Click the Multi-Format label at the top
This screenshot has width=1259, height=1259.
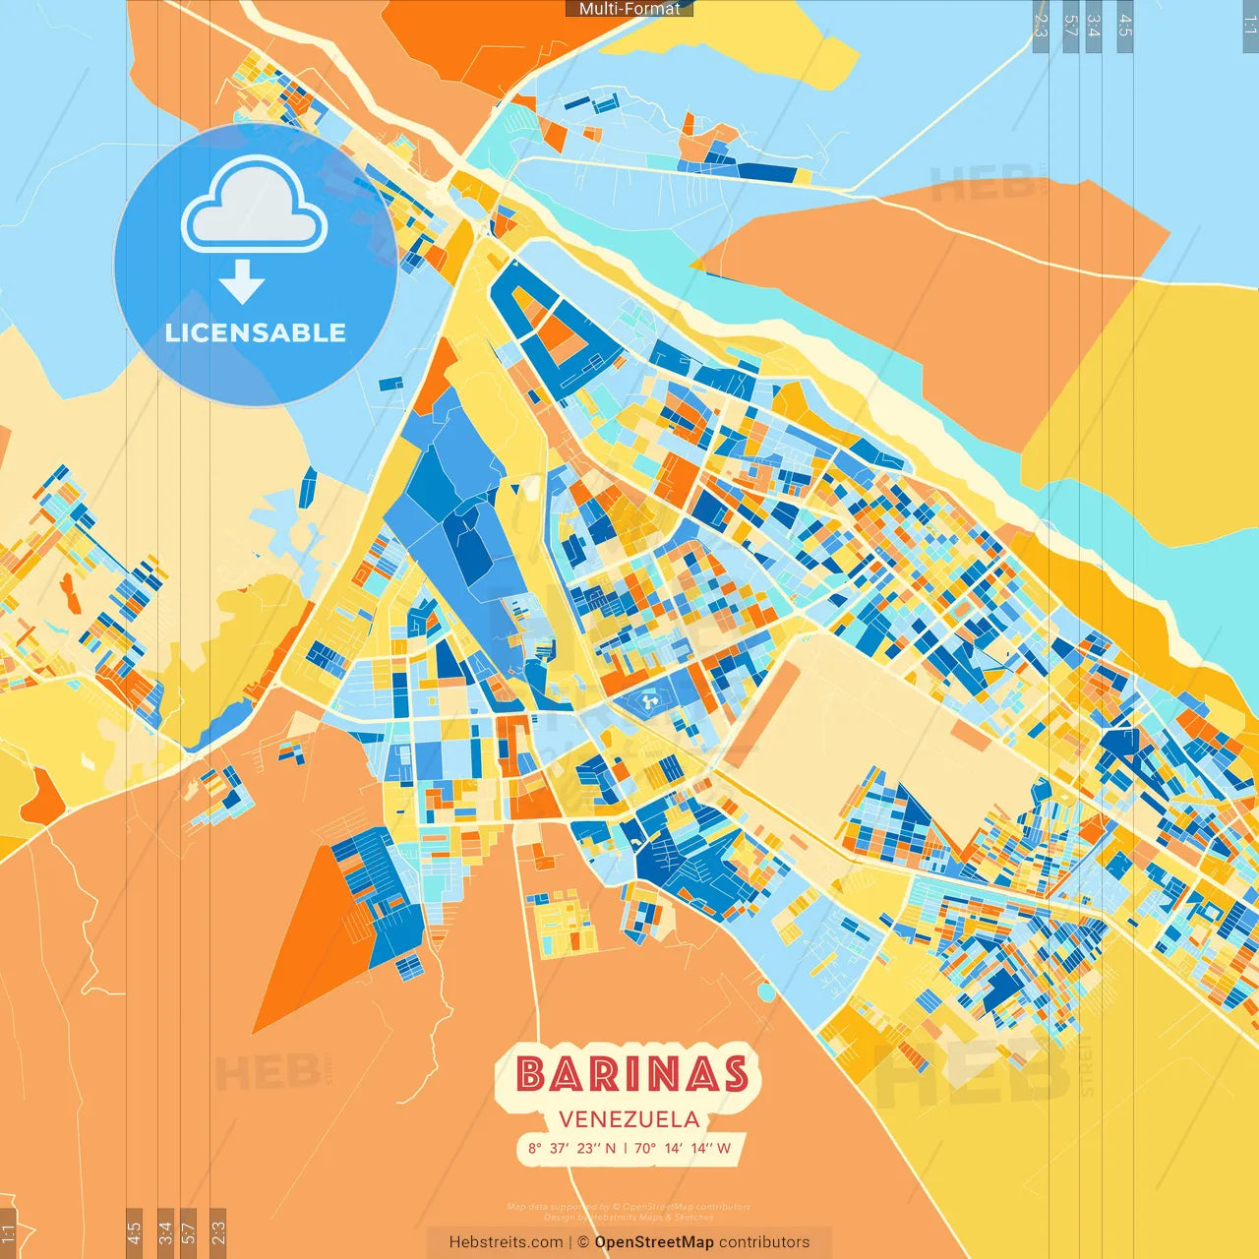coord(629,9)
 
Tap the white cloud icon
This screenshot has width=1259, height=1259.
coord(255,206)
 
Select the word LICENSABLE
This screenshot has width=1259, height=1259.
coord(256,332)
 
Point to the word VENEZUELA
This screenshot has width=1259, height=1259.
coord(629,1119)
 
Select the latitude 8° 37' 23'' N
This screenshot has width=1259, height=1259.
coord(571,1148)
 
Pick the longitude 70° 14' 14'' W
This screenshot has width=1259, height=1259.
coord(683,1148)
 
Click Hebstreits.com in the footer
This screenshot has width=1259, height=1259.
coord(506,1242)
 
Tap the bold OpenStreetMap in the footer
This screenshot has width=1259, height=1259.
coord(654,1242)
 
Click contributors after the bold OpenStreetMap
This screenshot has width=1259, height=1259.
coord(764,1242)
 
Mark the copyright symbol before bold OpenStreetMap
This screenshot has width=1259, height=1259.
coord(583,1242)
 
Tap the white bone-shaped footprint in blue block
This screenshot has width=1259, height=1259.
coord(648,701)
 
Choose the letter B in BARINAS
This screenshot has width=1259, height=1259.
coord(531,1074)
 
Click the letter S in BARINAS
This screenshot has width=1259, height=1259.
coord(733,1074)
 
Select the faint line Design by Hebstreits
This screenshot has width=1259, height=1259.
coord(629,1217)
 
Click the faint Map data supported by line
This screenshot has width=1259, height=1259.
coord(629,1207)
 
